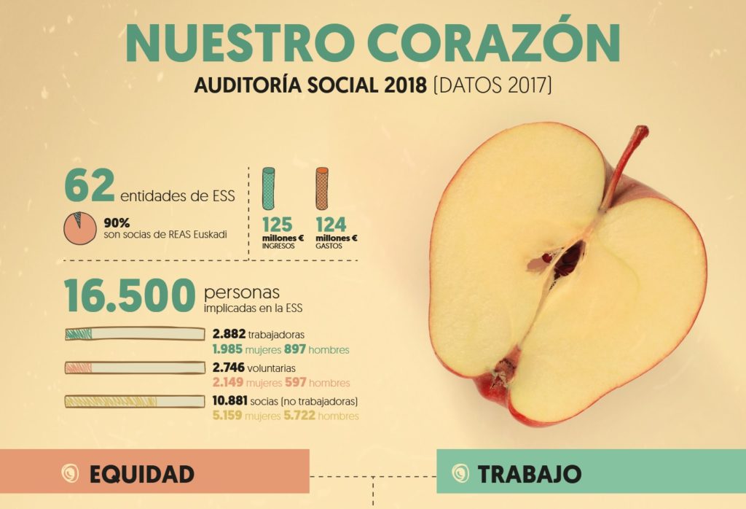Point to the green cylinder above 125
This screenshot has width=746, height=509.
(x=269, y=188)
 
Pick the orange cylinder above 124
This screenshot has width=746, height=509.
(x=322, y=188)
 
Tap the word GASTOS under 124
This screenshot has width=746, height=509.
(x=329, y=246)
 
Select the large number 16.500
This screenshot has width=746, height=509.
(x=130, y=295)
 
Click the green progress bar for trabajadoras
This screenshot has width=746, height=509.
(x=135, y=334)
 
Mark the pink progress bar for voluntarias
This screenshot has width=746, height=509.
(x=135, y=368)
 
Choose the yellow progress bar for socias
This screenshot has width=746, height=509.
(x=135, y=401)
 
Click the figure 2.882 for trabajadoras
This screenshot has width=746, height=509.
(x=229, y=334)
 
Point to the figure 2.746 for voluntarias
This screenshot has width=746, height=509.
(x=229, y=368)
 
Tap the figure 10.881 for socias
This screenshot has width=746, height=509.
(x=232, y=401)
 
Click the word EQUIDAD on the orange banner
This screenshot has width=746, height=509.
(x=141, y=474)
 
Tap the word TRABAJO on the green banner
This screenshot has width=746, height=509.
(x=530, y=474)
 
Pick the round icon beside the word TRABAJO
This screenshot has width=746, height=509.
(x=461, y=473)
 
